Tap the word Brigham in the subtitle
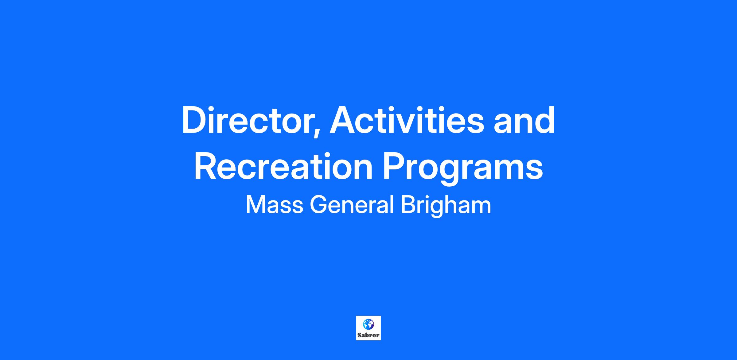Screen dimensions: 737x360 pos(446,206)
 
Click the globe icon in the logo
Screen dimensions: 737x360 pos(368,324)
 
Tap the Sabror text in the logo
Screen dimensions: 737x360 pos(368,335)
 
